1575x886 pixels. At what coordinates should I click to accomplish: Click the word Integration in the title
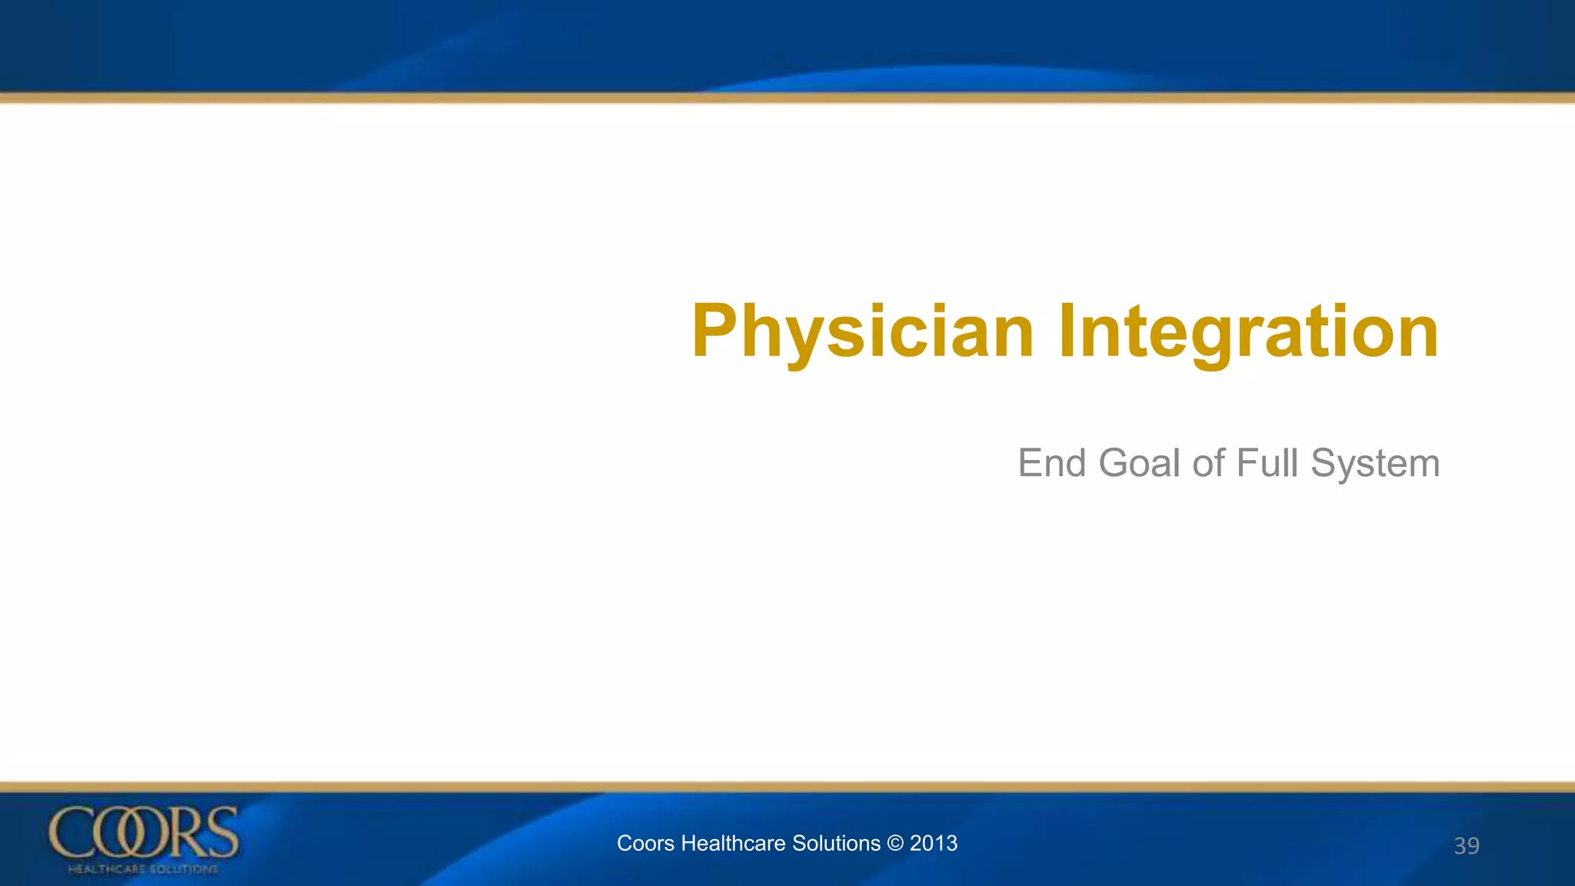pyautogui.click(x=1247, y=332)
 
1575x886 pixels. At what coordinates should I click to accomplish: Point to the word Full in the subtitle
pyautogui.click(x=1266, y=464)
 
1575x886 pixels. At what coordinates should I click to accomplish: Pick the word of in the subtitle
pyautogui.click(x=1208, y=464)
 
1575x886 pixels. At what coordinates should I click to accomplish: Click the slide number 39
pyautogui.click(x=1466, y=846)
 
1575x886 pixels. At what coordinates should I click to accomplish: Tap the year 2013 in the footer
pyautogui.click(x=934, y=844)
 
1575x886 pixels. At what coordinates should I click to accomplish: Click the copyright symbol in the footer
pyautogui.click(x=895, y=844)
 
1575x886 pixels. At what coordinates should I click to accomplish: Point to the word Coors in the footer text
pyautogui.click(x=646, y=844)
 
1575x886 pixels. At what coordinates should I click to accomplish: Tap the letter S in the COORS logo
pyautogui.click(x=221, y=832)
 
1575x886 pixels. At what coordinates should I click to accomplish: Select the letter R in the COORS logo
pyautogui.click(x=183, y=832)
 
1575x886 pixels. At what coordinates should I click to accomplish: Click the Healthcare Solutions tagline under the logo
pyautogui.click(x=143, y=869)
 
